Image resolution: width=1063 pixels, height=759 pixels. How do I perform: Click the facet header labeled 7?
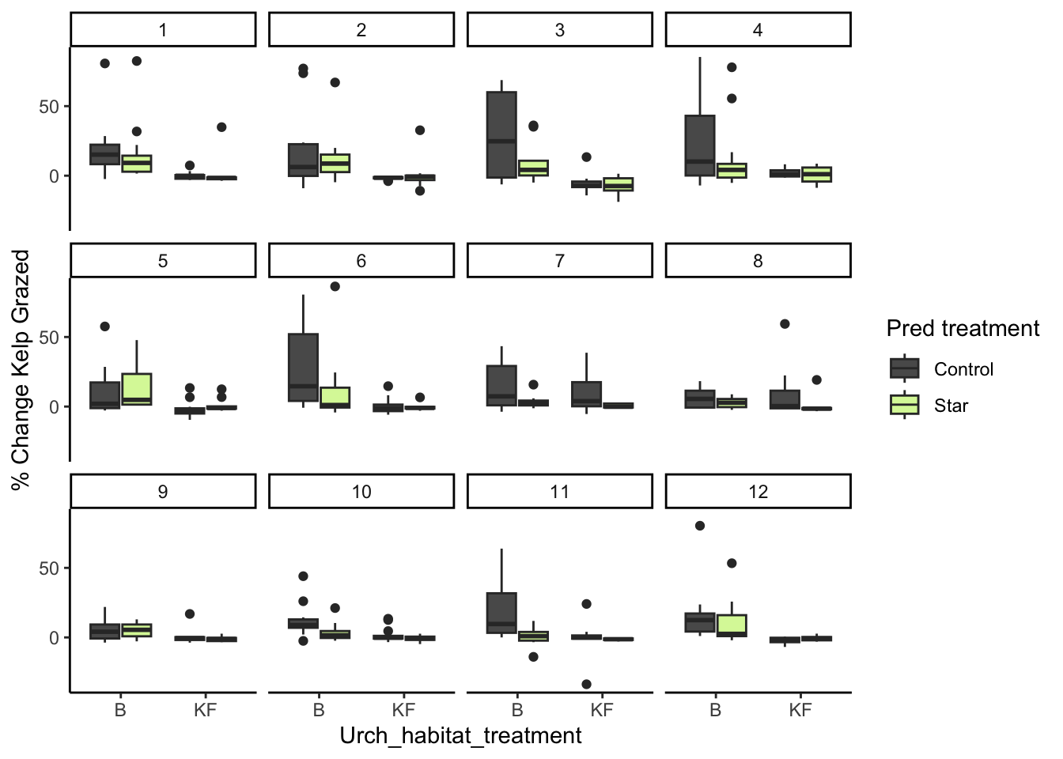pos(559,261)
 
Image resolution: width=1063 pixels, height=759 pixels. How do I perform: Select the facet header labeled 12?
pos(758,492)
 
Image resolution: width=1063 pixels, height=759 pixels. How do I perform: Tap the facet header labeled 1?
pos(163,30)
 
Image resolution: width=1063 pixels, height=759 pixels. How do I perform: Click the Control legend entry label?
pos(963,369)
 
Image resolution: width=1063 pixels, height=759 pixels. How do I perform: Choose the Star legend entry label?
pos(951,406)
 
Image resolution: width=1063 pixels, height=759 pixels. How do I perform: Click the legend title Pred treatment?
pos(963,328)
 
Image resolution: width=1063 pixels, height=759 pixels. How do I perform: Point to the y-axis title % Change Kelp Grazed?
pos(21,369)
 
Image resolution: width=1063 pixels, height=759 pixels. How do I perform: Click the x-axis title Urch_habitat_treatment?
pos(460,736)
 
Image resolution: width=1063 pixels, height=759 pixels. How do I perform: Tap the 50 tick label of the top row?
pos(49,107)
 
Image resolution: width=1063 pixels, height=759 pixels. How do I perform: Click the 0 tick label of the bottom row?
pos(55,638)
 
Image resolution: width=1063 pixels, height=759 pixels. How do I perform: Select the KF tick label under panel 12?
pos(800,710)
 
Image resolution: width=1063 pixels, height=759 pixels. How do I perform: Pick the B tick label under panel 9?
pos(120,710)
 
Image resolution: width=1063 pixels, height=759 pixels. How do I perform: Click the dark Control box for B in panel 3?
pos(501,134)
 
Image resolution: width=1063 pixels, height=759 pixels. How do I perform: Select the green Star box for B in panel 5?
pos(137,389)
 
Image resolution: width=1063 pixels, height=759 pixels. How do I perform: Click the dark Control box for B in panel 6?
pos(304,368)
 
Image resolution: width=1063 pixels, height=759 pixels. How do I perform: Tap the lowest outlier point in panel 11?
pos(586,684)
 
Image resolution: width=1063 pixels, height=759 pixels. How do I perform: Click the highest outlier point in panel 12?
pos(700,526)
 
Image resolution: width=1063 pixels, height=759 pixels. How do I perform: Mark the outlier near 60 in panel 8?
pos(785,324)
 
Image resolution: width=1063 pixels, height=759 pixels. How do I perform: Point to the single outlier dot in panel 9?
pos(190,614)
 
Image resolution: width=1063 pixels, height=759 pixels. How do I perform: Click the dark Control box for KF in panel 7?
pos(586,394)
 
